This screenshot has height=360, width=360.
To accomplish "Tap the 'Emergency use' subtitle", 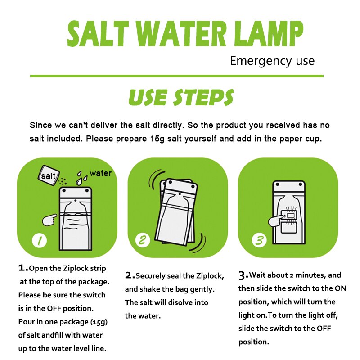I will click(x=272, y=61).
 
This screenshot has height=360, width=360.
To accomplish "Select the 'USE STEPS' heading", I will click(x=181, y=97).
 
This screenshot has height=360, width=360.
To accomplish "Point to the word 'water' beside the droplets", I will click(x=100, y=173).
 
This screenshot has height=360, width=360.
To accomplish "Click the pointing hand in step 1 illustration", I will click(x=49, y=220).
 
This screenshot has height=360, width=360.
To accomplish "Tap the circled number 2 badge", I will click(x=143, y=240).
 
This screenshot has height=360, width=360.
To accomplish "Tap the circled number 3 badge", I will click(x=259, y=241).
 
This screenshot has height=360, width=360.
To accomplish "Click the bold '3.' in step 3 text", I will click(x=243, y=274).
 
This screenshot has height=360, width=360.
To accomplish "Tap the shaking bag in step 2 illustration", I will click(x=175, y=211).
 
